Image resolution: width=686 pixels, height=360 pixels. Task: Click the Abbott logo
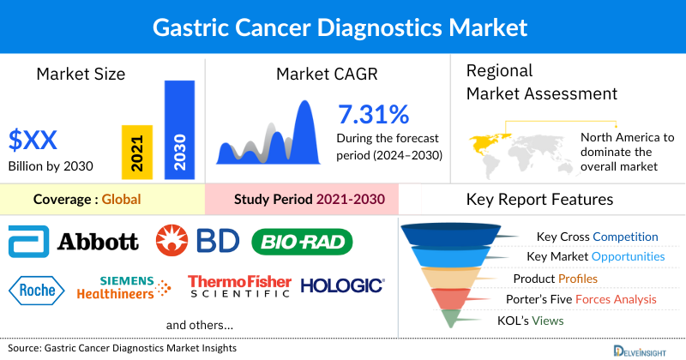tap(73, 241)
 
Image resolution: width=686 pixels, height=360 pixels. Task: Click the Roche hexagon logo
tap(39, 288)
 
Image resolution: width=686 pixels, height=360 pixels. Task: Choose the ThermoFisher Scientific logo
tap(239, 287)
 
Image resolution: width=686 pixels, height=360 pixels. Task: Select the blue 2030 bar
tap(179, 129)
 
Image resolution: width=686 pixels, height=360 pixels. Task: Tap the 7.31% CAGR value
tap(373, 114)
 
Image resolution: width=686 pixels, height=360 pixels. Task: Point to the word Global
tap(121, 200)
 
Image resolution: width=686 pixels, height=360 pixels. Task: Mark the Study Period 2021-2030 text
tap(310, 200)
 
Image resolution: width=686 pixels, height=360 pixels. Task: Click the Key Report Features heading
tap(539, 200)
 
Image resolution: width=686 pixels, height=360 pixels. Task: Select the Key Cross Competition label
tap(597, 237)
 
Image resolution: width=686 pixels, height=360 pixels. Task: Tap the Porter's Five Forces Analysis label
tap(585, 299)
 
